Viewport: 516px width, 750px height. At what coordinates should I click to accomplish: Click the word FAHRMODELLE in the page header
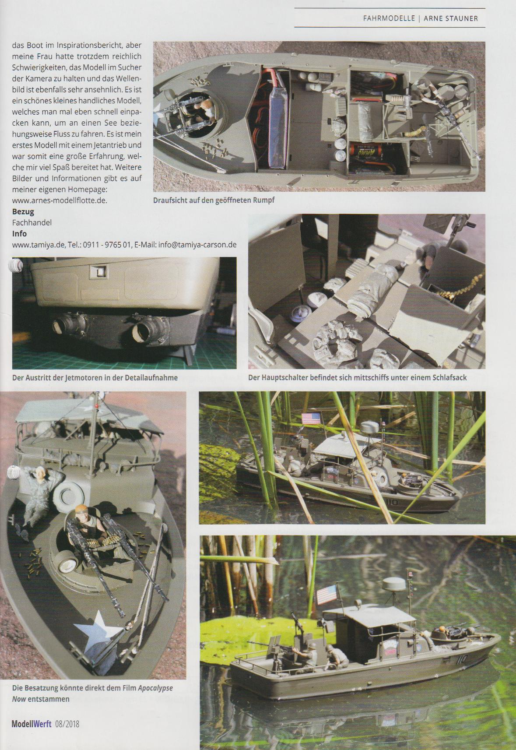point(389,18)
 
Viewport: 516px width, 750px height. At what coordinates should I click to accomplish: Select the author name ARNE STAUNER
point(451,18)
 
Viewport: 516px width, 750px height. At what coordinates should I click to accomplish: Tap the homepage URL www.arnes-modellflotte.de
point(60,201)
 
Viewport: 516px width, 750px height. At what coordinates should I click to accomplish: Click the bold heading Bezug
point(23,212)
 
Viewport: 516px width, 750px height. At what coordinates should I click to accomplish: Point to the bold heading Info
point(19,234)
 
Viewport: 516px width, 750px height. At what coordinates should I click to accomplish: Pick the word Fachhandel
point(32,223)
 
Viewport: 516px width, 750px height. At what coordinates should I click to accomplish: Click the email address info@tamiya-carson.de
point(197,245)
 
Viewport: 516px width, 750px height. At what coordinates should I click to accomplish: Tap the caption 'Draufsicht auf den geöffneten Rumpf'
point(214,200)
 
